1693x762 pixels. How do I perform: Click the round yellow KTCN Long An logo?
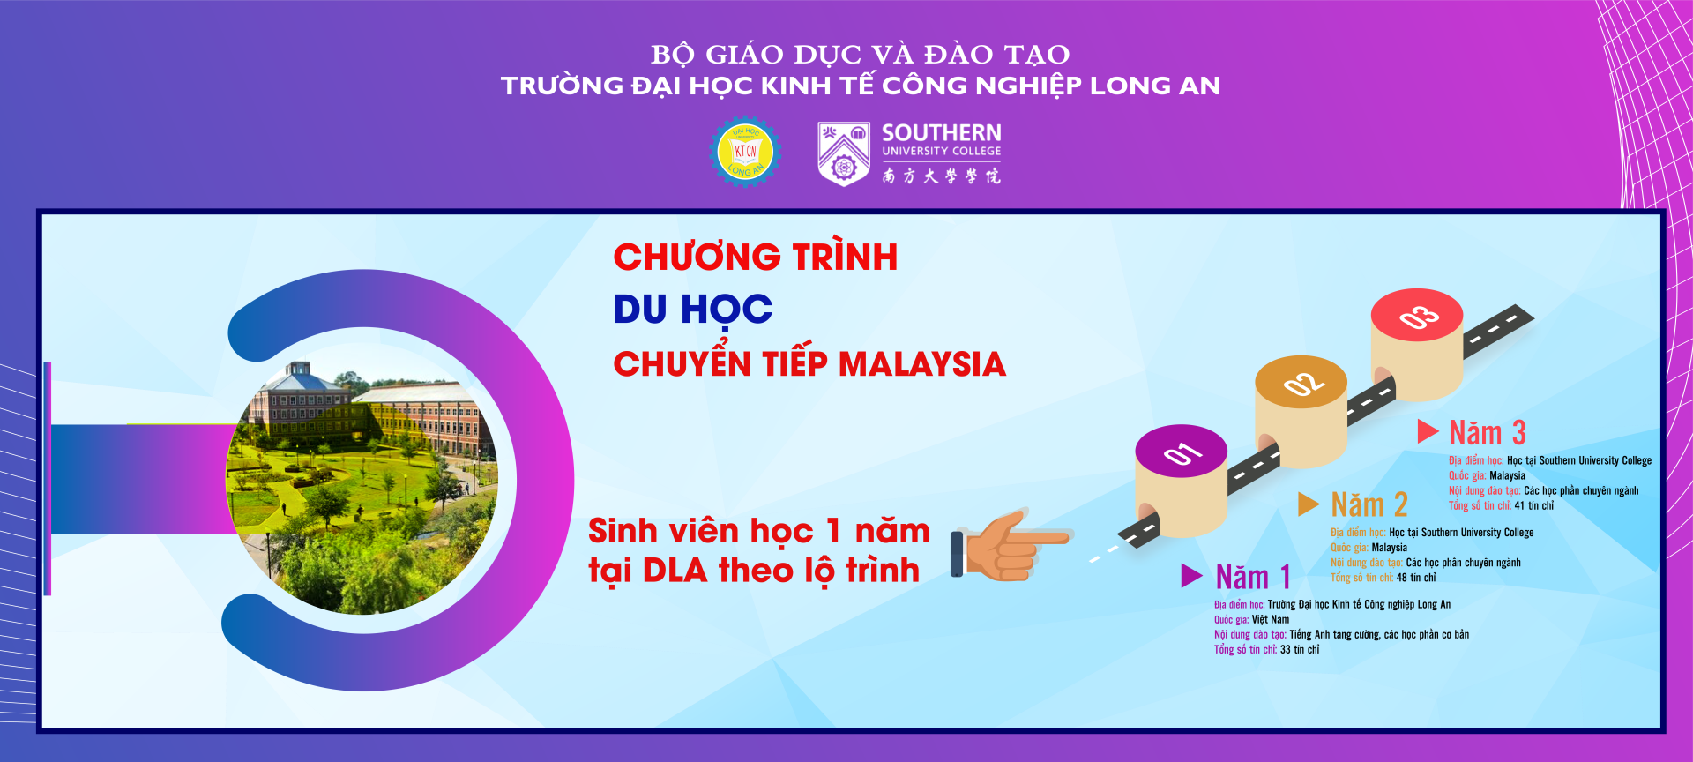(x=745, y=152)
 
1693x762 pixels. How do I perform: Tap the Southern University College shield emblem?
(x=844, y=154)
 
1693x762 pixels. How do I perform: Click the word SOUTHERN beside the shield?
(x=942, y=133)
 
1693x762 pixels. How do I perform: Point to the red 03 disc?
(x=1417, y=315)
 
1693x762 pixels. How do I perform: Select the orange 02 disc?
(x=1301, y=383)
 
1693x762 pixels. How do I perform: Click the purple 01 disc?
(x=1182, y=452)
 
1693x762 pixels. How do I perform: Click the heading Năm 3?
(x=1488, y=433)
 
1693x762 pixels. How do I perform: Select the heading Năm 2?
(x=1369, y=505)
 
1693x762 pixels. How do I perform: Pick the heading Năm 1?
(x=1253, y=578)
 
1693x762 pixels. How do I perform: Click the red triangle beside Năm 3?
(x=1428, y=431)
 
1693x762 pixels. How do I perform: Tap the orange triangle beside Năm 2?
(x=1309, y=504)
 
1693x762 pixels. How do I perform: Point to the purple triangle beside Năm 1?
(x=1191, y=576)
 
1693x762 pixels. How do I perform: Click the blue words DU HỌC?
(x=693, y=310)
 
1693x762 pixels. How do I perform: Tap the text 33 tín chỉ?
(x=1300, y=650)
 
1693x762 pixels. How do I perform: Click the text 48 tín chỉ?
(x=1416, y=578)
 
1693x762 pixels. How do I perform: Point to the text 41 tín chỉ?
(x=1534, y=506)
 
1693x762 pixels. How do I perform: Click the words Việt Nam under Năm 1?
(x=1271, y=620)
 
